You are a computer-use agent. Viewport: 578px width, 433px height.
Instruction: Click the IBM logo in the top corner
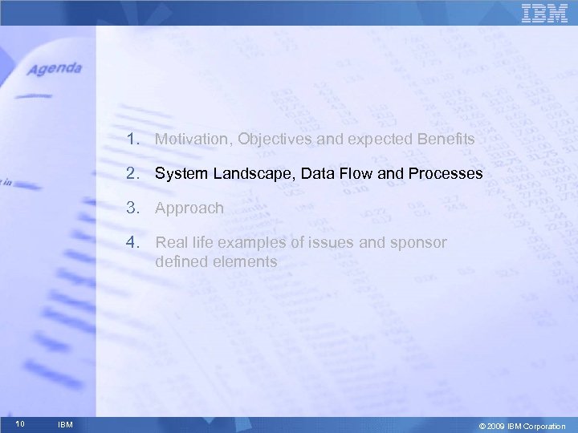544,14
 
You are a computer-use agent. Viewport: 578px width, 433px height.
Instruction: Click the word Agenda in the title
55,70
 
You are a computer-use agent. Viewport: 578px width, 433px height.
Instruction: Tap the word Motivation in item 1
189,140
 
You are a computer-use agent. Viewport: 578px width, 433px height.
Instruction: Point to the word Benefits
446,140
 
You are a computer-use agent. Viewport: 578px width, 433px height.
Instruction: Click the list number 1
131,140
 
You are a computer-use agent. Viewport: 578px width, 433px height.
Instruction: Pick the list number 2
131,173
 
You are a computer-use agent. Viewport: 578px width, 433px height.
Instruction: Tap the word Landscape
246,173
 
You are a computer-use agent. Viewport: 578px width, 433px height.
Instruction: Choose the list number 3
131,208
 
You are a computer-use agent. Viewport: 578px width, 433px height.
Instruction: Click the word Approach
189,208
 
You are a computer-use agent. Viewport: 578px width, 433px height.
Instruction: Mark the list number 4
131,242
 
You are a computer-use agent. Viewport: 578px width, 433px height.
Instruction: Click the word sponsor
419,243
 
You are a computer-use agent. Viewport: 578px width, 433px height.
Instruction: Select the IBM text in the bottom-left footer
66,425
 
